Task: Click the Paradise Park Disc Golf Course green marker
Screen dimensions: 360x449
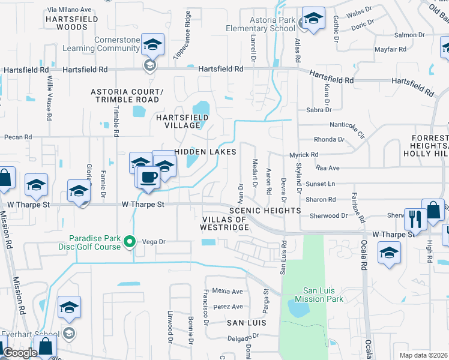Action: [128, 242]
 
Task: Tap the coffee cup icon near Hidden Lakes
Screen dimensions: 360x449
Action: [148, 176]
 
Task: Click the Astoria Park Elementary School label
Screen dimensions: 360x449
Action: [261, 24]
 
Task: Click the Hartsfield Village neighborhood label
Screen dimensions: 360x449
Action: [178, 121]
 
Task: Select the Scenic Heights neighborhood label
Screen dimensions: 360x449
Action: [265, 211]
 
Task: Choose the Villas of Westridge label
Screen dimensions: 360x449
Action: [223, 224]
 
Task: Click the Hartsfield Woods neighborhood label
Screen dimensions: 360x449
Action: [66, 23]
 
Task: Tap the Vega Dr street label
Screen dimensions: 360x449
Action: [153, 241]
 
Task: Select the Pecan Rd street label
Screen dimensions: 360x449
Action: [17, 137]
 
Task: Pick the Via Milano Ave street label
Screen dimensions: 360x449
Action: [69, 10]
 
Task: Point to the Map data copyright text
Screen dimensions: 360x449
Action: [423, 355]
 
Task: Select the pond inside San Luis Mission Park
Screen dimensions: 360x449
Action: [298, 308]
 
